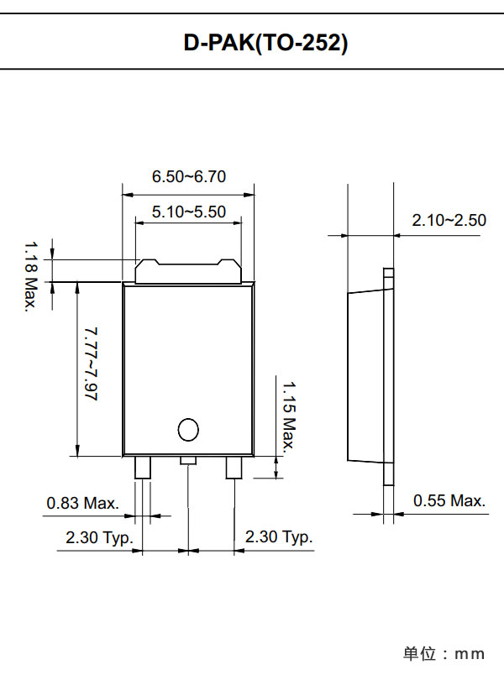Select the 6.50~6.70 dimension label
189,177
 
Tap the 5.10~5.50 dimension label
189,212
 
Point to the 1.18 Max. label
30,276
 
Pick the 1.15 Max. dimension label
289,416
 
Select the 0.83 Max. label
81,503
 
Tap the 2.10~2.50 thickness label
449,221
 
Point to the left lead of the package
143,467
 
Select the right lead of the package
234,467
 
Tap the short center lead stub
188,460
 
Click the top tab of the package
189,272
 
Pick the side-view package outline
370,375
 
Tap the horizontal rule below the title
252,69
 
